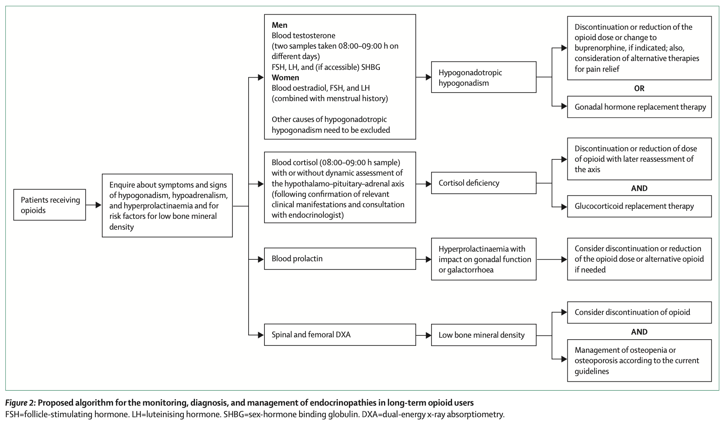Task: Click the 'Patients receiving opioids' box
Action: click(49, 205)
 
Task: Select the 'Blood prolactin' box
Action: click(340, 259)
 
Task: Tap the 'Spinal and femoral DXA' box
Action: click(340, 335)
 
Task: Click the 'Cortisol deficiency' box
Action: click(484, 183)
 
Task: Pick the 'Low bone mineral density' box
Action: click(484, 335)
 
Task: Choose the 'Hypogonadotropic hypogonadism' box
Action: click(484, 77)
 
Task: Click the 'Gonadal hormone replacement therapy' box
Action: click(639, 107)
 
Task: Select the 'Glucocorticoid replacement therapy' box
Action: click(639, 206)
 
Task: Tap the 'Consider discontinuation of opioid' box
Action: click(639, 312)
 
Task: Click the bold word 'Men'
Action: click(279, 25)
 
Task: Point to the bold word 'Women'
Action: click(285, 78)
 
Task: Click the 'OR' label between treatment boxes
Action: click(639, 88)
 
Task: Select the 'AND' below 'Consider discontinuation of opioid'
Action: click(639, 332)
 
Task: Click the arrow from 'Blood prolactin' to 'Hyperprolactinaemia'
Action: click(423, 259)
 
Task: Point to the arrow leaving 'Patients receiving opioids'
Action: click(93, 205)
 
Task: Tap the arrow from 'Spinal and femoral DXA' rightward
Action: click(423, 335)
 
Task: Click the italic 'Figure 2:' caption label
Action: click(21, 403)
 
